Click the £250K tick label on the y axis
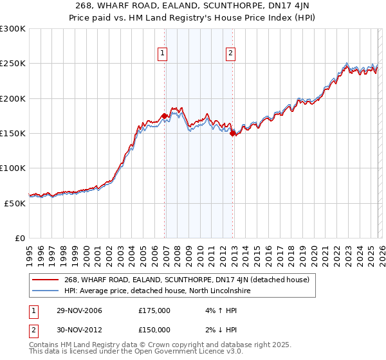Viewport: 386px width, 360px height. (12, 64)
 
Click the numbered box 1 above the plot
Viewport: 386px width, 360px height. (163, 54)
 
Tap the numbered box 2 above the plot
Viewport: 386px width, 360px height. (230, 54)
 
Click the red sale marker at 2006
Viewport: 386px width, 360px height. (165, 116)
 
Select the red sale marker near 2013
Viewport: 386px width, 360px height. (233, 133)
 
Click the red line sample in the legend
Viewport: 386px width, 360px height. (46, 280)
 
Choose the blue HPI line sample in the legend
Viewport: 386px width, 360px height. (46, 291)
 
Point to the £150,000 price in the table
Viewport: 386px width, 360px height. (154, 330)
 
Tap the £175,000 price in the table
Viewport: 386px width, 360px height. (154, 310)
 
